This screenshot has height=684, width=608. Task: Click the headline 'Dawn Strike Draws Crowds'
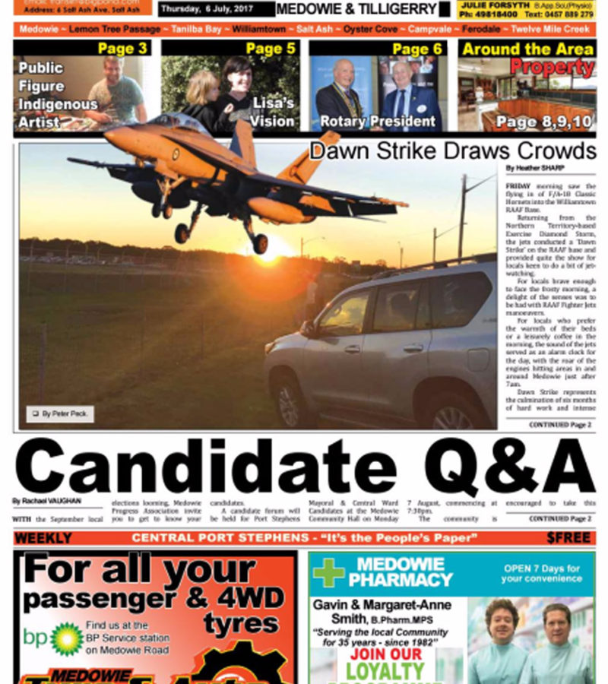[452, 150]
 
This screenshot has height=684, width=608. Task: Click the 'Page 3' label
[122, 49]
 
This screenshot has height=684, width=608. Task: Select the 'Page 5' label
[270, 49]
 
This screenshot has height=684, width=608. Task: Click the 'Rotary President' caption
[378, 122]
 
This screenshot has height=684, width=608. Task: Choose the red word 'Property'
[553, 67]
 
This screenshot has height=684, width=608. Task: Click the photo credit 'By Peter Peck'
[61, 414]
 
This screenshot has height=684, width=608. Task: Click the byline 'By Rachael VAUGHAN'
[46, 501]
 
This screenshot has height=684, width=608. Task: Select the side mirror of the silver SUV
[308, 328]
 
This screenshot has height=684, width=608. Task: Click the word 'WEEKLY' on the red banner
[43, 538]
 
